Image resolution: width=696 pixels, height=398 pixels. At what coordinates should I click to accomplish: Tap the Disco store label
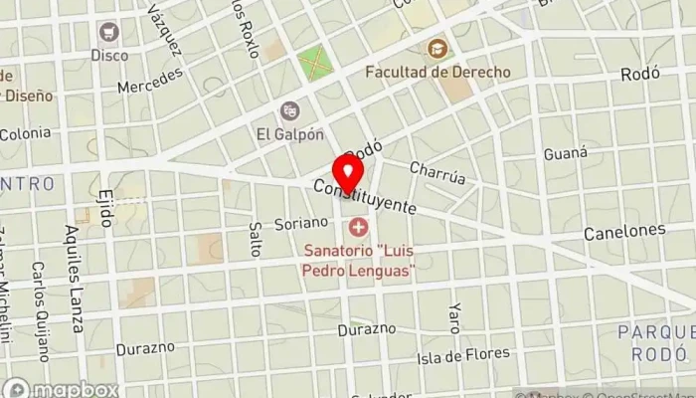(x=109, y=56)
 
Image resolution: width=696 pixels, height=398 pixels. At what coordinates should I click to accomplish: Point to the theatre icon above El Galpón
(x=289, y=109)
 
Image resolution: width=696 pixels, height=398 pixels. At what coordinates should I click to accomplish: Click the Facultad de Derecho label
(x=437, y=73)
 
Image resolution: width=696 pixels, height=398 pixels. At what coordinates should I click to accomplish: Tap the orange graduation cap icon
(x=436, y=48)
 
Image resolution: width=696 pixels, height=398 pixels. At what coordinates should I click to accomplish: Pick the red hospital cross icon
(x=357, y=228)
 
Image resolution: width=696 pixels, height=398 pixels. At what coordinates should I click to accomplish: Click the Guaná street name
(x=566, y=154)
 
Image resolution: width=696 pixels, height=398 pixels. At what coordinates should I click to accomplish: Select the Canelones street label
(x=625, y=231)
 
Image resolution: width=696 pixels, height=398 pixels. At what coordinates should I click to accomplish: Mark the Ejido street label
(x=105, y=207)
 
